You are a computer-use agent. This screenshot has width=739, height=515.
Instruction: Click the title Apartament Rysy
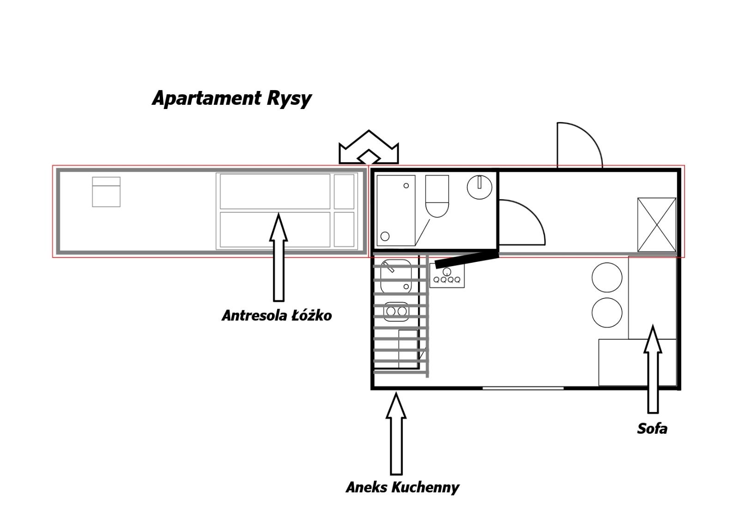tap(231, 98)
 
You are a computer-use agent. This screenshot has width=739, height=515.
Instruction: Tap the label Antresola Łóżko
tap(277, 315)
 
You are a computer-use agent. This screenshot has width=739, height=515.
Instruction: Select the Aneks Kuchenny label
tap(402, 488)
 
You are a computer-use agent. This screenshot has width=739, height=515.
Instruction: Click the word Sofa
tap(652, 429)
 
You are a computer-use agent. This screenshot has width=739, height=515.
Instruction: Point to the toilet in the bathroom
tap(437, 196)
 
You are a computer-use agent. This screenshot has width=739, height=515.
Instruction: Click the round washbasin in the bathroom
tap(479, 187)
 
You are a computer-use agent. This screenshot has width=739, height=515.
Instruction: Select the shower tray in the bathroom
tap(396, 211)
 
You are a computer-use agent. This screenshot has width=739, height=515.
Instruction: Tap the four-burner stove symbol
tap(447, 276)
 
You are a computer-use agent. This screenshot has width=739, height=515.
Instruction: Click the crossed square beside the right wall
tap(657, 224)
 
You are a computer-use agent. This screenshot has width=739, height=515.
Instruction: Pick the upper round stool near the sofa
tap(607, 277)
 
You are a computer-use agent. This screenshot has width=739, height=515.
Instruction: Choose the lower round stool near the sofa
tap(607, 312)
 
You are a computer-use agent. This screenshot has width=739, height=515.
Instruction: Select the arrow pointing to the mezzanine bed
tap(279, 258)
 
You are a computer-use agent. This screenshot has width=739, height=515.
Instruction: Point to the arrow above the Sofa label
tap(653, 369)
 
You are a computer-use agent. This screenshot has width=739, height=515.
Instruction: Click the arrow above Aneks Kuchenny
tap(396, 434)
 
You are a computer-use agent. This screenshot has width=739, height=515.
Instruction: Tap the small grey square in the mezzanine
tap(106, 192)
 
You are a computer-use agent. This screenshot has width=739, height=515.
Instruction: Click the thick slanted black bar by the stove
tap(467, 259)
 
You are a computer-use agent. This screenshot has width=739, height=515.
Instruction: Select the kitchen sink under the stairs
tap(396, 277)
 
